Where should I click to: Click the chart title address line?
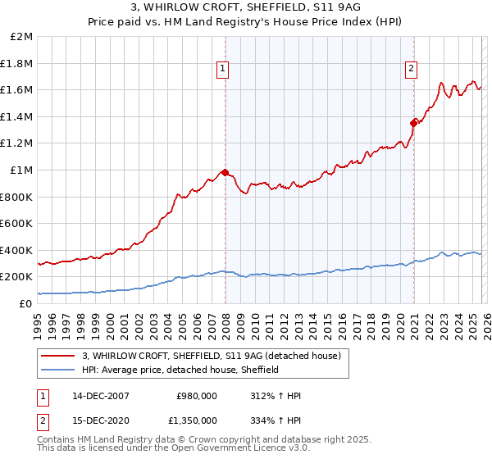click(245, 7)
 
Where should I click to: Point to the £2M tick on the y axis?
click(22, 37)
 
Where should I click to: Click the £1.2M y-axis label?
click(18, 143)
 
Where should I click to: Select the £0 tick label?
click(26, 303)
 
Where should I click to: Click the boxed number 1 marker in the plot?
click(223, 70)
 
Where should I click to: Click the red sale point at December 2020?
click(413, 123)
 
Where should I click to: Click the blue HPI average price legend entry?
click(180, 370)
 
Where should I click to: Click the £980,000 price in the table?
click(197, 395)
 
